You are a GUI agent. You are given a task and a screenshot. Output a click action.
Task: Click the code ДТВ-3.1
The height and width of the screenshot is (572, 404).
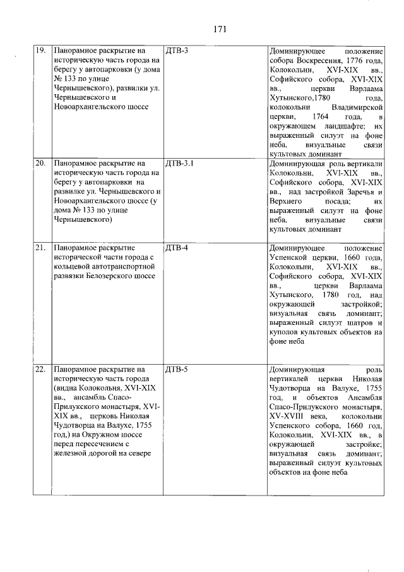coord(179,163)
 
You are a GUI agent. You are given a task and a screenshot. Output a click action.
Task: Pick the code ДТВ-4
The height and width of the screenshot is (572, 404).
coord(176,247)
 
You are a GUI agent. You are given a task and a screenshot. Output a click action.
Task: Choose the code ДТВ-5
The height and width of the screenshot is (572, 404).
coord(176,368)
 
